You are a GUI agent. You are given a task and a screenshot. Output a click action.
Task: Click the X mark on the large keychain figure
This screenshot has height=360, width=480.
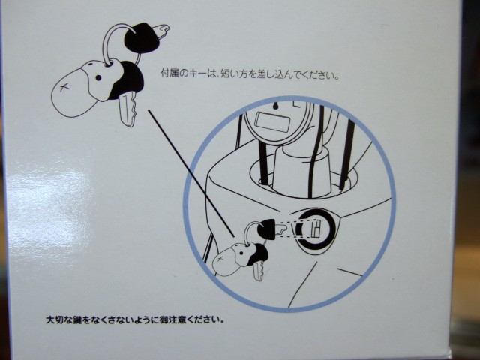point(64,88)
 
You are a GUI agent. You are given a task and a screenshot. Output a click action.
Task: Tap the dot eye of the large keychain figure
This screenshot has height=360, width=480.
point(98,78)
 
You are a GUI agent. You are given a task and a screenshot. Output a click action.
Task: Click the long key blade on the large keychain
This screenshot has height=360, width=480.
point(127,110)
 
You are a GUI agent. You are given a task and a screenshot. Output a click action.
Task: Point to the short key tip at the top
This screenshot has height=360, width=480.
point(160,31)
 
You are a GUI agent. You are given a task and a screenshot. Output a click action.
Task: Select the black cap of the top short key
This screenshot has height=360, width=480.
point(142,37)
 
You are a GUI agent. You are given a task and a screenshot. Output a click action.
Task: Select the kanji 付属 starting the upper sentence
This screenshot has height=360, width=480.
point(169,73)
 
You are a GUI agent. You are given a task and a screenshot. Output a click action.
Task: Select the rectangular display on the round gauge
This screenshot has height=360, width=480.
point(272,121)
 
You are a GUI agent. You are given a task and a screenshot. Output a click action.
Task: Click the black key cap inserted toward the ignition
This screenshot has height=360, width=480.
point(267,229)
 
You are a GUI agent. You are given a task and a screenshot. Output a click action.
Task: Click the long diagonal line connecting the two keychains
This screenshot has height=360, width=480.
point(192,173)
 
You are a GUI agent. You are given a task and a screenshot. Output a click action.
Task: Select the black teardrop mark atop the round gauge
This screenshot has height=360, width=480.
point(275,106)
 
